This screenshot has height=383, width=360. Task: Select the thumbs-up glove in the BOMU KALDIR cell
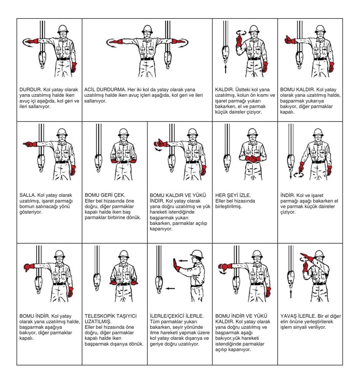click(290, 40)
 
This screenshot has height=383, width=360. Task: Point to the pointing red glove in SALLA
click(30, 144)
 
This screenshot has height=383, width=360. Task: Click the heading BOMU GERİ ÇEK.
click(105, 195)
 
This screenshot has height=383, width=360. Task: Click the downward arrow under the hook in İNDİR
click(290, 176)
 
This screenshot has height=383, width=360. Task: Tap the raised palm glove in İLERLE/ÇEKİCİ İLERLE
click(176, 266)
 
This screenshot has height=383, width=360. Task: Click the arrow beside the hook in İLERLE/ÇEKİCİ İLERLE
click(170, 289)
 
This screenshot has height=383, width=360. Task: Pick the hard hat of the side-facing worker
click(197, 254)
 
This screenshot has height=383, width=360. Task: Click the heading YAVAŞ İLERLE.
click(298, 316)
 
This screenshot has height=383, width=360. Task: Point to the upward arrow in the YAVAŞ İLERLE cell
click(291, 294)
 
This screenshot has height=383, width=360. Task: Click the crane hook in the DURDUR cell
click(42, 60)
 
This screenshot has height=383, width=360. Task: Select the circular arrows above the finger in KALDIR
click(241, 32)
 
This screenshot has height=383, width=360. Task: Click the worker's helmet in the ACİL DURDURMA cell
click(147, 29)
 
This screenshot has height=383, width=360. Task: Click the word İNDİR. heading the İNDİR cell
click(288, 195)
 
